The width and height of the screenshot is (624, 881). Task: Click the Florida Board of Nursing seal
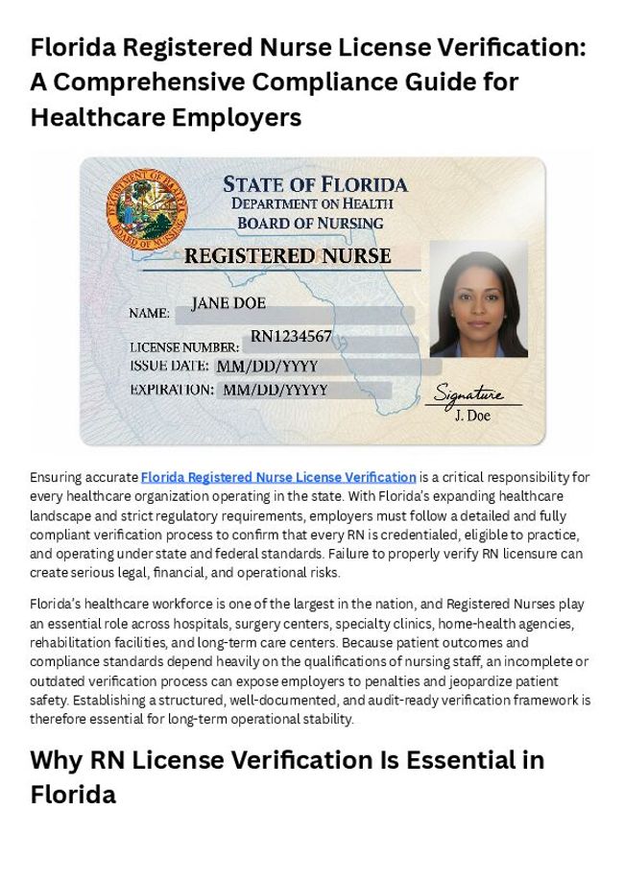coord(147,209)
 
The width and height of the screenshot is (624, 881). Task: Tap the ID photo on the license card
coord(478,299)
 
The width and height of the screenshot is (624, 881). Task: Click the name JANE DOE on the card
coord(228,303)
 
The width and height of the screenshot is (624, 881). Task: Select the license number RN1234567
coord(291,336)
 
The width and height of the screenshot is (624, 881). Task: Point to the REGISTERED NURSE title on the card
coord(287,256)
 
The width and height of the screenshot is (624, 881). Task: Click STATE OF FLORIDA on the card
coord(315,184)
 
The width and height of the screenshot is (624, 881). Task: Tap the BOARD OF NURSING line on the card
coord(310,223)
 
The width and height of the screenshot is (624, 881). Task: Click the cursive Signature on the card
coord(468,393)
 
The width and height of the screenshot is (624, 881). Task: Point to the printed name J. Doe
coord(471,416)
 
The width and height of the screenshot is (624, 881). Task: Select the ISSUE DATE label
coord(169,366)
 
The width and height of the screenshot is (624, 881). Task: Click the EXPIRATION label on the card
coord(172,390)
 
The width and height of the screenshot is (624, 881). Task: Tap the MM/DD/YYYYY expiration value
coord(276,390)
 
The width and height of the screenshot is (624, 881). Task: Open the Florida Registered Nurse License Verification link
coord(278,477)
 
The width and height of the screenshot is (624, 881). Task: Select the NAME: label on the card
coord(150,313)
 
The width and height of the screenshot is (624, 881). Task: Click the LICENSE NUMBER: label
coord(184,346)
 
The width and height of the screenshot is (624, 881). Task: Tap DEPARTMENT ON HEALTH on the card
coord(312,203)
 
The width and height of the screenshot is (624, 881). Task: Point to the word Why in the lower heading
coord(57,760)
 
